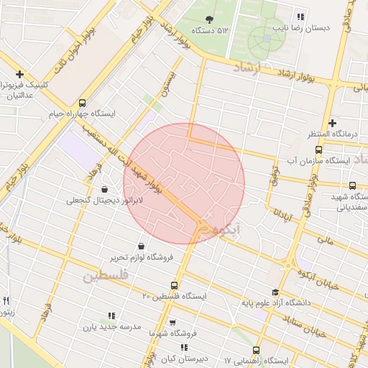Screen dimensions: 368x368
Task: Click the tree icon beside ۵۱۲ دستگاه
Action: tap(209, 19)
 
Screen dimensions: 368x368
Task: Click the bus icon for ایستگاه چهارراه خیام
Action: tap(82, 103)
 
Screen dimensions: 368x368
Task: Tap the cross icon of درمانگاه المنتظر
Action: tap(332, 123)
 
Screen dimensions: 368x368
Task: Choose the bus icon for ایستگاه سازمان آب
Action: tap(318, 150)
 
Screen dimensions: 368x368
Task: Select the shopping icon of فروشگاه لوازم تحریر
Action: tap(141, 246)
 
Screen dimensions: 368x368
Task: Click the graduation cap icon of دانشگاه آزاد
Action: tap(275, 292)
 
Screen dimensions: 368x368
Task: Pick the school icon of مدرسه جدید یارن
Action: tap(111, 315)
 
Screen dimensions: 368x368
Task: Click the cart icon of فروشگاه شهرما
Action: tap(172, 323)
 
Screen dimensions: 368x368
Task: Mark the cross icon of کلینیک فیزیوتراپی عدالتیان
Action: tap(19, 74)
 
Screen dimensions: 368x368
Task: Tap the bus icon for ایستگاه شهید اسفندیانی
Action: tap(353, 185)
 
